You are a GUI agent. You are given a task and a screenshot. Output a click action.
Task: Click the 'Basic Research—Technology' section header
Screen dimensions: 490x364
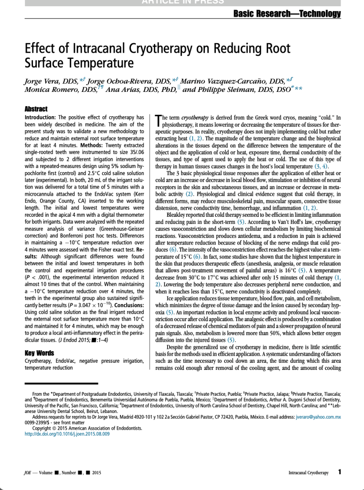287,13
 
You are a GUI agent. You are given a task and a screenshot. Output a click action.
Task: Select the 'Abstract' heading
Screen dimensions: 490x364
37,109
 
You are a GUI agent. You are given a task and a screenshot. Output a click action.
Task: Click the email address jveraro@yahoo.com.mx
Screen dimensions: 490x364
317,417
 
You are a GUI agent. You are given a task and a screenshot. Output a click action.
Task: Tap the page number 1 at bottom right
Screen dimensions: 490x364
339,472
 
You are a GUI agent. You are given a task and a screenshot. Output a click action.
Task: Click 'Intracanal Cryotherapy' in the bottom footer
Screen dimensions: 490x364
309,473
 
